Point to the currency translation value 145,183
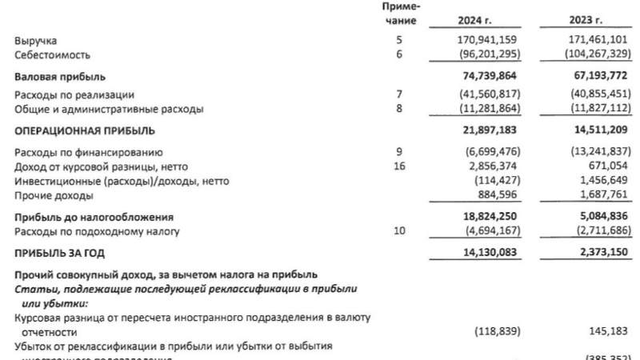tap(607, 330)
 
